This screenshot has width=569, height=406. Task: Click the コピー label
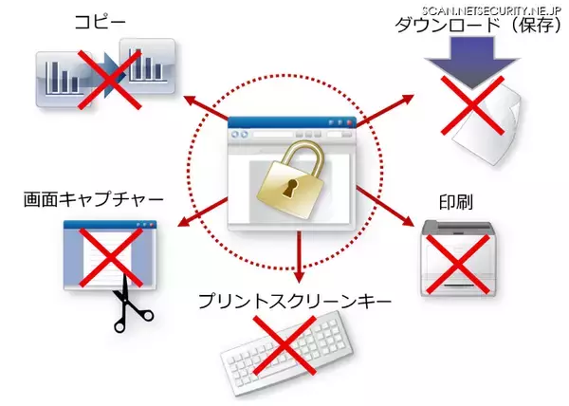(x=100, y=23)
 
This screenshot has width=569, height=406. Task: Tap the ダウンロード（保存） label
(x=478, y=26)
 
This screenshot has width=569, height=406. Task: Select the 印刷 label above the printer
(x=456, y=202)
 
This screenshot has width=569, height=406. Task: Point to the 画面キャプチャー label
(x=93, y=200)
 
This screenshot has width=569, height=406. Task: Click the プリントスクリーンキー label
(x=295, y=301)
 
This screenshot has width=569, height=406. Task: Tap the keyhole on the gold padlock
(x=289, y=188)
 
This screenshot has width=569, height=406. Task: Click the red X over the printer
(x=457, y=264)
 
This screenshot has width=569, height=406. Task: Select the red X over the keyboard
(x=284, y=344)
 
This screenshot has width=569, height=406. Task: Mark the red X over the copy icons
(x=109, y=80)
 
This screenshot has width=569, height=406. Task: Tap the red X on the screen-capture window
(x=111, y=258)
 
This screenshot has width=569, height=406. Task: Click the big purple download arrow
(x=472, y=63)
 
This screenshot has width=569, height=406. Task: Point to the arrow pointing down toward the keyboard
(x=299, y=257)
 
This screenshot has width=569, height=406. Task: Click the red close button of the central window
(x=349, y=122)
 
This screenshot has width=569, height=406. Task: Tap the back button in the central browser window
(x=235, y=135)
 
